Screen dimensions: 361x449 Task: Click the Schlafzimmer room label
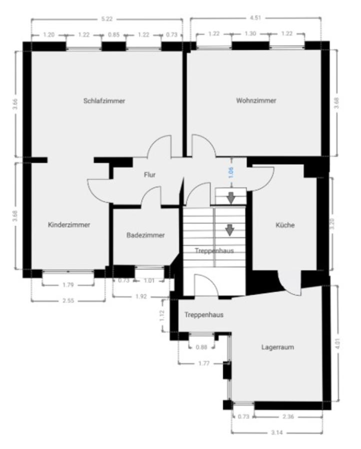pos(104,101)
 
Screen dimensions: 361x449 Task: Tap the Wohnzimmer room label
pos(256,100)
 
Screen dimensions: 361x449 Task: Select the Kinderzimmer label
pos(69,225)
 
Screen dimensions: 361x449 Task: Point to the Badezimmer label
pos(145,235)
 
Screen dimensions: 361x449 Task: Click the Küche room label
pos(285,225)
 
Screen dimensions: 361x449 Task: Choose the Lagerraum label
pos(278,347)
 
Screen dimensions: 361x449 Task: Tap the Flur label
pos(150,175)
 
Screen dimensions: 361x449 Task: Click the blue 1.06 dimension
pos(232,173)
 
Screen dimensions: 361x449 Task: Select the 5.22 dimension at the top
pos(107,19)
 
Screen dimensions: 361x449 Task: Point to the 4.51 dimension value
pos(256,18)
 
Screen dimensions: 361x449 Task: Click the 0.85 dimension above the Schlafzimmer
pos(114,34)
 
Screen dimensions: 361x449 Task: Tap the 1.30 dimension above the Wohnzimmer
pos(251,33)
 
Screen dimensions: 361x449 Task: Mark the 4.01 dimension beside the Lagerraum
pos(337,344)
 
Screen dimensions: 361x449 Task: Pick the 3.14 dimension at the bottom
pos(277,433)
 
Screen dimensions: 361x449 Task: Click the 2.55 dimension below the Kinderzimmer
pos(68,301)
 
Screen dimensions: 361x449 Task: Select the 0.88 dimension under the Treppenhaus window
pos(201,347)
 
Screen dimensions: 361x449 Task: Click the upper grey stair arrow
pos(231,198)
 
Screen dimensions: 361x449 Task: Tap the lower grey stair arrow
pos(230,230)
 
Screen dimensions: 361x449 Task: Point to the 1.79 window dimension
pos(68,285)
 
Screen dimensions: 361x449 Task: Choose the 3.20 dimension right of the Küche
pos(332,224)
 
